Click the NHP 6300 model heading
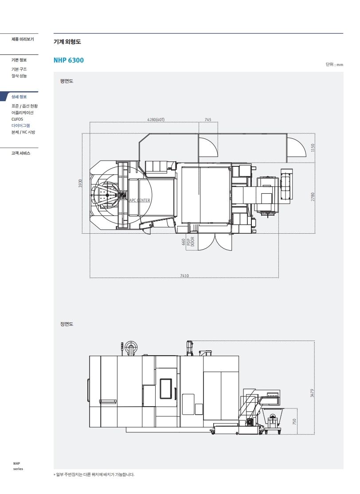69,60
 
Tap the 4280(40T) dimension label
156,120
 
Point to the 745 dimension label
208,120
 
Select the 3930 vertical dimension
80,183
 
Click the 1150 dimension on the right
313,148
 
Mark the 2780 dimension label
313,197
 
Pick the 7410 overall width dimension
184,276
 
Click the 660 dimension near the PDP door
184,242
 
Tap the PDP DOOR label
191,241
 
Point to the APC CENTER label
140,200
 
